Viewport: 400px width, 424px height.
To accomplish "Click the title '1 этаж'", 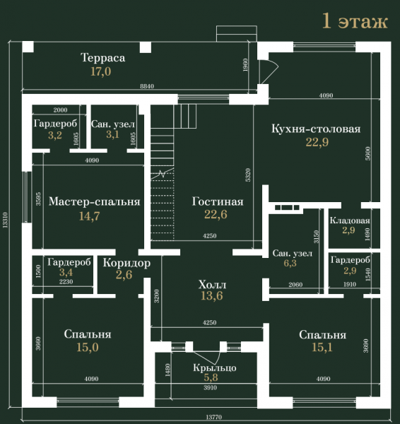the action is [x=355, y=21].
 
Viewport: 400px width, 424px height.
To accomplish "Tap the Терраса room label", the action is [x=102, y=58].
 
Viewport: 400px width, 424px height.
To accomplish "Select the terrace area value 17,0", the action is [x=100, y=71].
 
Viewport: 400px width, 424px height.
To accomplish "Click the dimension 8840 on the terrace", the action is [x=147, y=86].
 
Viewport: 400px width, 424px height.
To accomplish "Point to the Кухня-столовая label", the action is [x=316, y=129].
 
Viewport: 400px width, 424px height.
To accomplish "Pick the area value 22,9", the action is [x=317, y=142].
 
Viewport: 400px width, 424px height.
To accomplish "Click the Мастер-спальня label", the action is [x=95, y=201].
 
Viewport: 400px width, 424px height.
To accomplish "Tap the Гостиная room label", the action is [x=218, y=201].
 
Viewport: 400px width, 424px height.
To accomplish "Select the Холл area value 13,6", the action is [x=212, y=296].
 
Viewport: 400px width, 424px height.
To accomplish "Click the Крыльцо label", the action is [x=215, y=367].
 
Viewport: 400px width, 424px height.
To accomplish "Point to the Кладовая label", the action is [x=350, y=220].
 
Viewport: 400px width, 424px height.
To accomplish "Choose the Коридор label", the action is [x=127, y=263].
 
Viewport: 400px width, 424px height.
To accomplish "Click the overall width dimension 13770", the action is [x=213, y=417].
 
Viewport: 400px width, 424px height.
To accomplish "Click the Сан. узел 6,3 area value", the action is [x=290, y=263].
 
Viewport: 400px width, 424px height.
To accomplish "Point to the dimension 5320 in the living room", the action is [x=248, y=175].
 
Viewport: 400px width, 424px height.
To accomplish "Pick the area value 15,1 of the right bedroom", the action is [x=322, y=348].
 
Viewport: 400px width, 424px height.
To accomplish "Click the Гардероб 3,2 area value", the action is [x=55, y=135].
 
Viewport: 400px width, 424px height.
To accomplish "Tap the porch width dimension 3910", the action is [x=210, y=388].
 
